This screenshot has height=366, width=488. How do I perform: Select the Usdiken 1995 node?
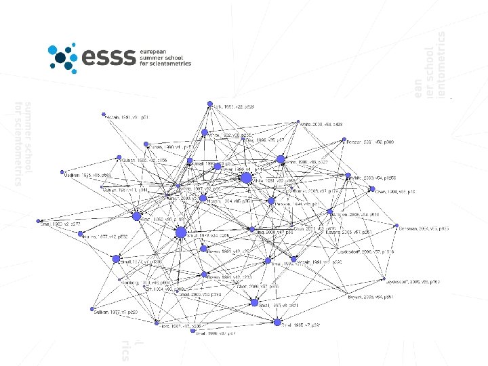tap(62, 171)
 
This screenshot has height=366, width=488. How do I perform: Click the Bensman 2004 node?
tap(399, 228)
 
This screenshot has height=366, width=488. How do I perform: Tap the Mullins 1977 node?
tap(79, 235)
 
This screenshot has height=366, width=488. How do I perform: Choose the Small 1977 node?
tap(116, 259)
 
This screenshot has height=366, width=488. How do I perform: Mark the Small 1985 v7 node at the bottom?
tap(277, 323)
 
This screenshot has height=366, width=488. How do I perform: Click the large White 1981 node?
tap(246, 178)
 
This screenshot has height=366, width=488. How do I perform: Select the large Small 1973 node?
tap(180, 233)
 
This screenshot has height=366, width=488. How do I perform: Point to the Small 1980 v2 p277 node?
tap(39, 220)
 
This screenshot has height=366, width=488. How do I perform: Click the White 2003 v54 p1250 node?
tap(346, 178)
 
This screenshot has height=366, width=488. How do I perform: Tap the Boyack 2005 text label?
tap(365, 297)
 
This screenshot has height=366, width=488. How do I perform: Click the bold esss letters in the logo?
tap(108, 57)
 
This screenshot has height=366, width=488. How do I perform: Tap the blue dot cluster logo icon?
tap(63, 56)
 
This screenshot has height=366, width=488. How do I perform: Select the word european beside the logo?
tap(152, 51)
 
